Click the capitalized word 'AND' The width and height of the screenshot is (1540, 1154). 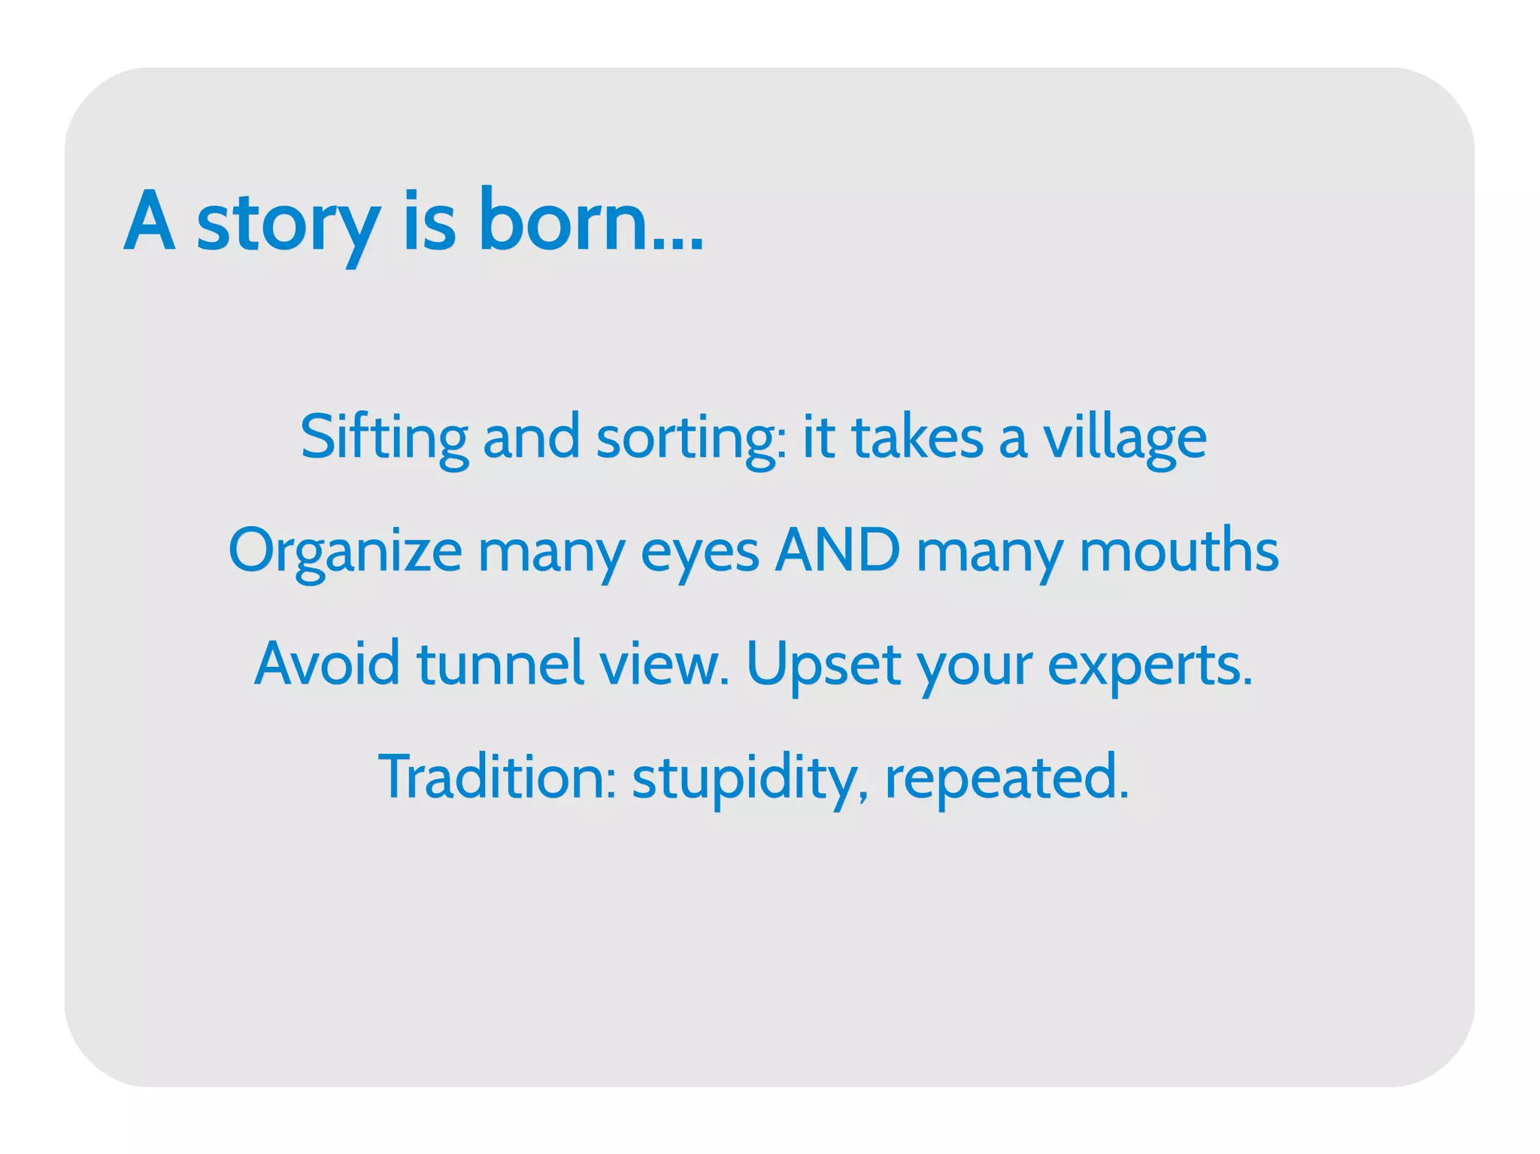pyautogui.click(x=837, y=550)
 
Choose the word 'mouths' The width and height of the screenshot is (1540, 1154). pyautogui.click(x=1178, y=550)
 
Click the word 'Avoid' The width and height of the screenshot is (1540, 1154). pyautogui.click(x=327, y=664)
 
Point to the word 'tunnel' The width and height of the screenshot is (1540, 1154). pyautogui.click(x=500, y=664)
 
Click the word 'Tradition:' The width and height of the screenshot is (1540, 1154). pyautogui.click(x=497, y=777)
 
